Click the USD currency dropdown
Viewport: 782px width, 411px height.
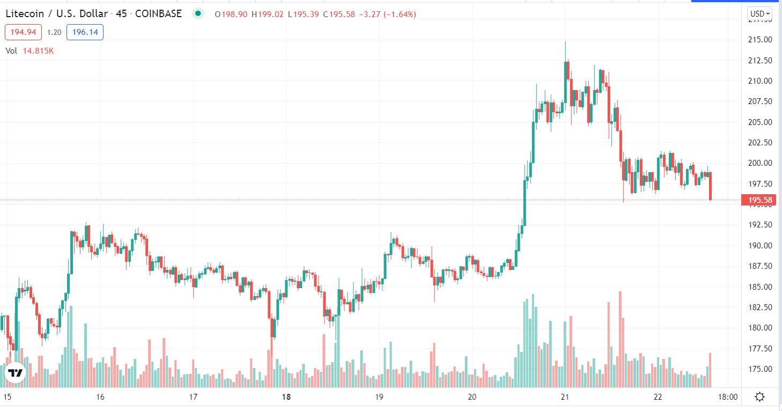pyautogui.click(x=760, y=13)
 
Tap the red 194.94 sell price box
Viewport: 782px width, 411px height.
pyautogui.click(x=23, y=32)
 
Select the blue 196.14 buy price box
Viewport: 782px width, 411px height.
pyautogui.click(x=85, y=32)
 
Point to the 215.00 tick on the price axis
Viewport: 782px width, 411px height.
pyautogui.click(x=760, y=40)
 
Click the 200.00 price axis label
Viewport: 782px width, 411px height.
pyautogui.click(x=760, y=163)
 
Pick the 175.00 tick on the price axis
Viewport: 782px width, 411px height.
pyautogui.click(x=760, y=369)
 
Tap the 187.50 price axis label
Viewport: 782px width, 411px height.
pyautogui.click(x=760, y=266)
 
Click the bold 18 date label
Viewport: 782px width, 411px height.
pyautogui.click(x=286, y=398)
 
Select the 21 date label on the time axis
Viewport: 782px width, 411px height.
pyautogui.click(x=565, y=398)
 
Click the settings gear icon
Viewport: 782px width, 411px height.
pyautogui.click(x=759, y=398)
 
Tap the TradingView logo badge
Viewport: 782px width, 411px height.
pyautogui.click(x=14, y=373)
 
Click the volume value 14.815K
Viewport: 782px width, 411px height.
pyautogui.click(x=38, y=51)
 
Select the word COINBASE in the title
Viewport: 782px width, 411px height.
pyautogui.click(x=158, y=14)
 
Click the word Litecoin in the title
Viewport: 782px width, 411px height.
pyautogui.click(x=23, y=14)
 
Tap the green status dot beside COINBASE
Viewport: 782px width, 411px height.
pyautogui.click(x=198, y=14)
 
